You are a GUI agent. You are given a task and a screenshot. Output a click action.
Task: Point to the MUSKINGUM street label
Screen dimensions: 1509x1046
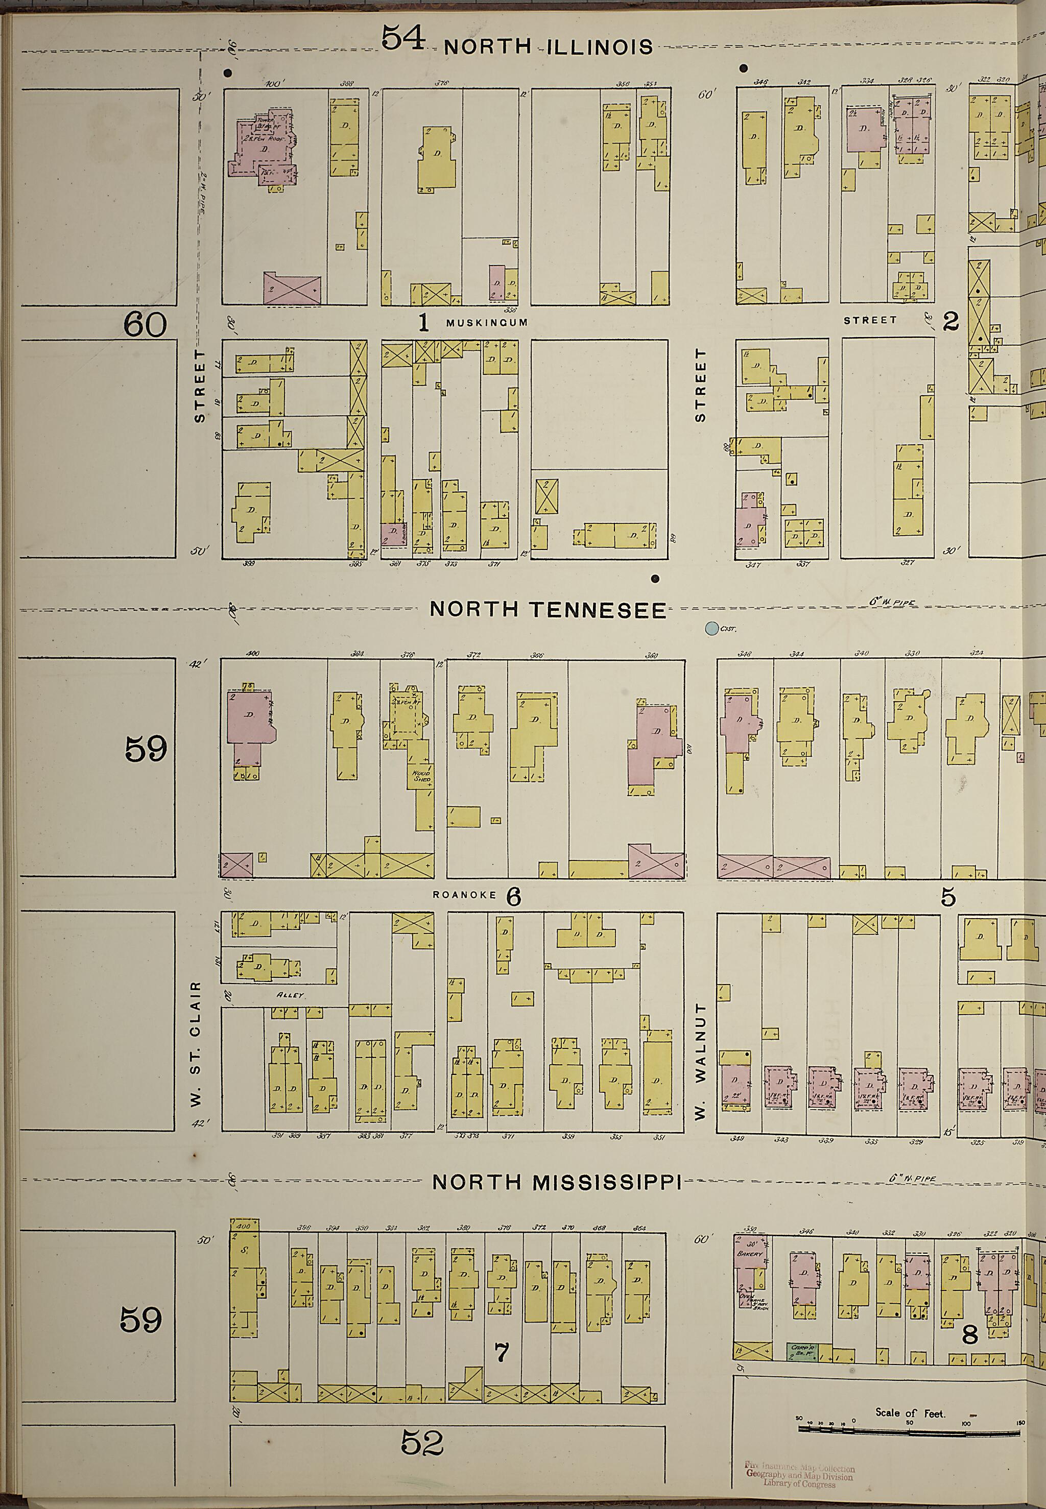pos(486,322)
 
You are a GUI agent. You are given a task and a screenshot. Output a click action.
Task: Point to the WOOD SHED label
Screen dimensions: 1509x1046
pos(420,776)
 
